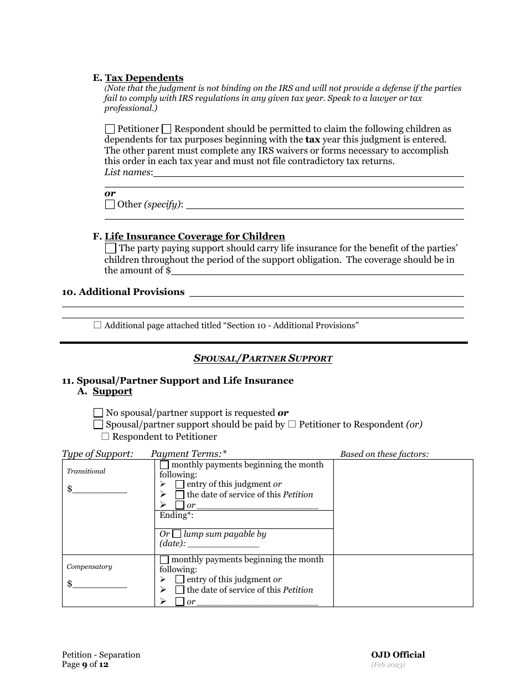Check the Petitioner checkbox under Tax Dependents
pos(110,129)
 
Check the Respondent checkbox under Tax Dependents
pos(166,129)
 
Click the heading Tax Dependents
pos(144,78)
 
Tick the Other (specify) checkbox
pos(110,204)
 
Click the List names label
pos(128,172)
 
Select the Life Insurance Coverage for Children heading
pos(194,237)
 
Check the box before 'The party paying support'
pos(110,248)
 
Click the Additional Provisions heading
pos(131,292)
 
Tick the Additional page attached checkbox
pos(97,325)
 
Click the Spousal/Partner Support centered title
pos(262,359)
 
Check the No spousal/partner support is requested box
pos(98,413)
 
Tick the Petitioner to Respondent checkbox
pos(292,425)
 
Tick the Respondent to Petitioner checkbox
pos(105,436)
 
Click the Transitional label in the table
pos(86,471)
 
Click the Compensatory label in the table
pos(89,567)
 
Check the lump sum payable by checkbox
pos(177,534)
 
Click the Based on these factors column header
pos(384,454)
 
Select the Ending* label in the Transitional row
pos(174,515)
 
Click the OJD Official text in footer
pos(398,655)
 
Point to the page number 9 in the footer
pos(85,664)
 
